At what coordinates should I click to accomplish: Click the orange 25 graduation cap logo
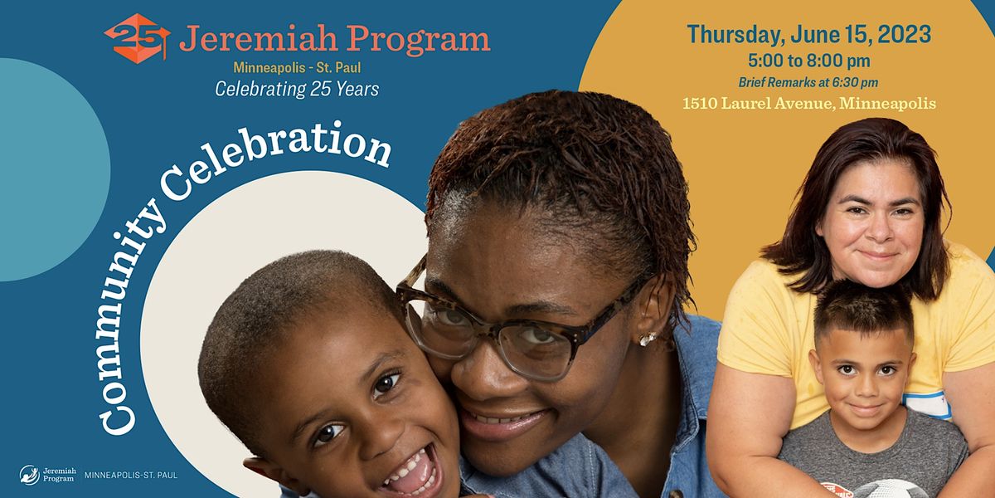(136, 38)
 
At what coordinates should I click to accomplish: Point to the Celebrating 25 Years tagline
(297, 89)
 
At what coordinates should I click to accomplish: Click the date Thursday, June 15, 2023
(808, 35)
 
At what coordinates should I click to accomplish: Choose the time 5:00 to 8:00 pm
(808, 61)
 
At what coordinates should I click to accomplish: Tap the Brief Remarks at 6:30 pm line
(808, 82)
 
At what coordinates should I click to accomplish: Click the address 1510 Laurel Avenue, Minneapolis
(808, 104)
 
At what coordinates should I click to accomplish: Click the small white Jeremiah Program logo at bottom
(48, 475)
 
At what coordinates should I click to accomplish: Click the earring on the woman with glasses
(647, 339)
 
